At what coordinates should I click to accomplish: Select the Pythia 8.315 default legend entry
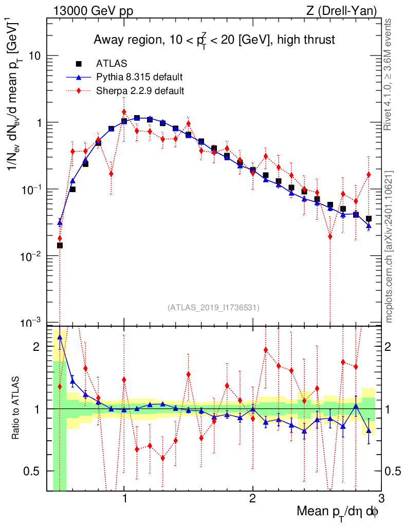139,78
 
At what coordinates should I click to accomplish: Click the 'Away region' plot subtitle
214,39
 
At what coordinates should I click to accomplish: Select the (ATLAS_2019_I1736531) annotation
213,308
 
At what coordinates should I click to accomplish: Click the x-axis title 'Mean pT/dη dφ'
338,511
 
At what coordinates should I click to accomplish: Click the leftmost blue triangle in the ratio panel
60,337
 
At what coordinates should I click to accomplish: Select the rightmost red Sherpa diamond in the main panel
369,175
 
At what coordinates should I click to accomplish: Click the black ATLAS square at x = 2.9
369,219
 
